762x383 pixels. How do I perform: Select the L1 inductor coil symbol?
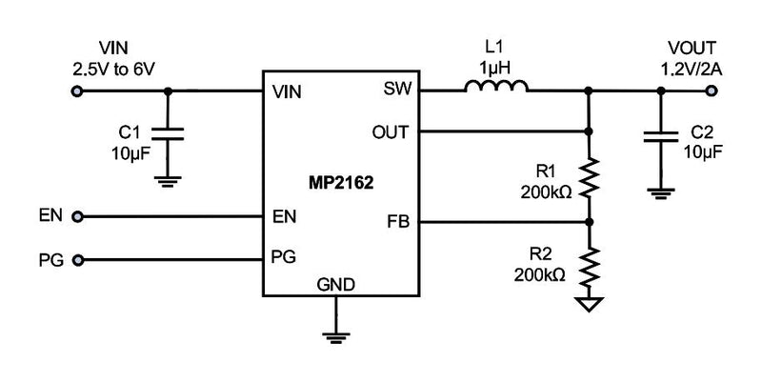pos(496,88)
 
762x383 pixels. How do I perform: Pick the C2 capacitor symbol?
pos(659,136)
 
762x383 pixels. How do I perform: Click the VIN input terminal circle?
pos(77,92)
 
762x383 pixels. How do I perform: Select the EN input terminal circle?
pos(77,216)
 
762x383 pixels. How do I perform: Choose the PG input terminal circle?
pos(77,258)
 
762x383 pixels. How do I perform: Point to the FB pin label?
pos(397,221)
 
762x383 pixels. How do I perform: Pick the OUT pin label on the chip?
pos(391,131)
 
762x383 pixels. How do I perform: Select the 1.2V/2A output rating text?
pos(692,69)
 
